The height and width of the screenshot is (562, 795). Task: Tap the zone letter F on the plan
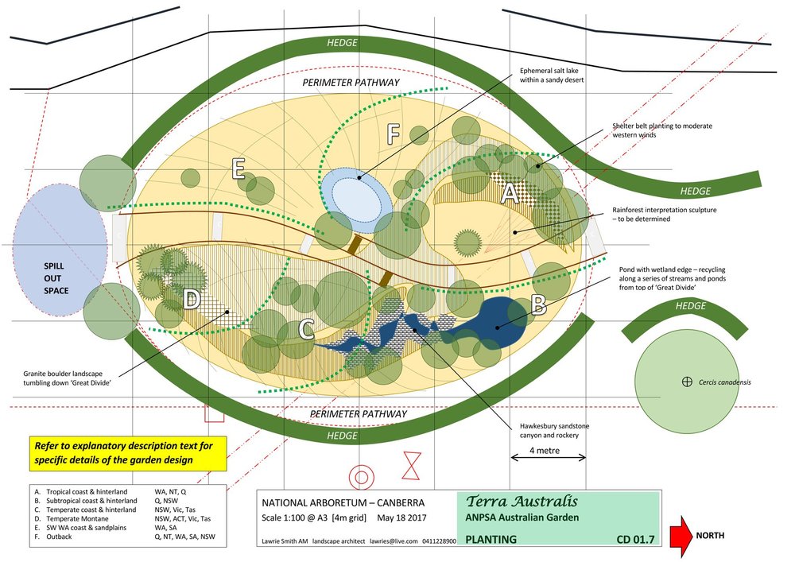pyautogui.click(x=392, y=134)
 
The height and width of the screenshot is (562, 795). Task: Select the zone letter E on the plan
pyautogui.click(x=236, y=169)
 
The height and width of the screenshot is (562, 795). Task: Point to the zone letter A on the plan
pyautogui.click(x=511, y=193)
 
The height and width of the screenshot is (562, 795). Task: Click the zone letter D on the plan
pyautogui.click(x=192, y=300)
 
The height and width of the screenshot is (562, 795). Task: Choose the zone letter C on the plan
pyautogui.click(x=305, y=328)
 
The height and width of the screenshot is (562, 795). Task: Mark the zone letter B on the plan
pyautogui.click(x=538, y=302)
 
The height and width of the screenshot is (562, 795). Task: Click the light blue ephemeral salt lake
pyautogui.click(x=356, y=192)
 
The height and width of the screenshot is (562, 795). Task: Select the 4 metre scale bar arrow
pyautogui.click(x=548, y=457)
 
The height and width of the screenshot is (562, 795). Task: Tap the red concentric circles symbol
pyautogui.click(x=362, y=477)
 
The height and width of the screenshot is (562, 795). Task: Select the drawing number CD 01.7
pyautogui.click(x=635, y=541)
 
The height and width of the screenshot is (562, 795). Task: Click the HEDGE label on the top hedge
pyautogui.click(x=342, y=42)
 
